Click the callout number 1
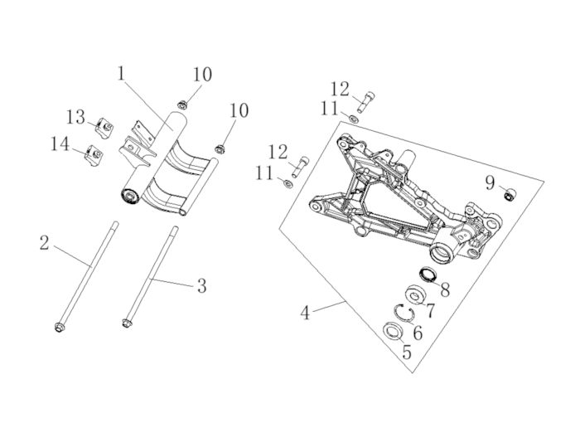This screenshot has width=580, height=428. click(121, 73)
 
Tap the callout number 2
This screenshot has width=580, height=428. click(45, 243)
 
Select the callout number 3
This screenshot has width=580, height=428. click(201, 285)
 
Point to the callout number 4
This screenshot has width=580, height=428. click(305, 313)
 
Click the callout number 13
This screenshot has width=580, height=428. click(76, 117)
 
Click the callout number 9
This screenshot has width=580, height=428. click(490, 183)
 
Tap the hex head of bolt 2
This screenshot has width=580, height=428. click(58, 328)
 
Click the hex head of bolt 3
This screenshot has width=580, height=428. click(126, 323)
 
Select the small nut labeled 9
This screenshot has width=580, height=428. click(510, 194)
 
